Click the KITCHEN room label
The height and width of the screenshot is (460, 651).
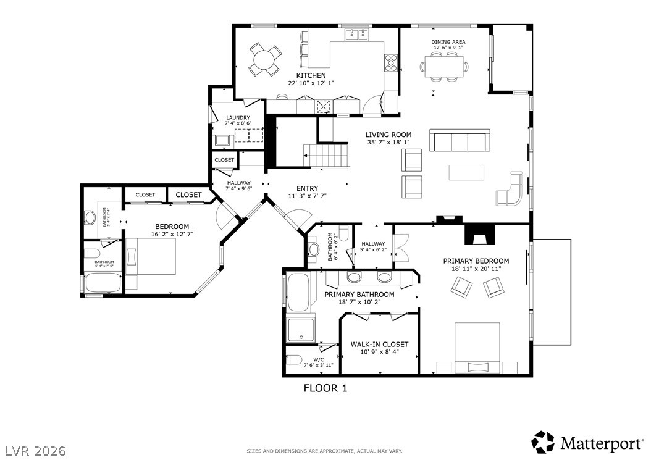[306, 75]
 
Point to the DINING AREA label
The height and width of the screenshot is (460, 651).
[448, 42]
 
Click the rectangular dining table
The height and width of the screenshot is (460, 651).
[444, 66]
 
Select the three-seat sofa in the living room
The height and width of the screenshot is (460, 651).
[460, 141]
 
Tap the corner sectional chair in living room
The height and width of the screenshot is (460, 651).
[511, 189]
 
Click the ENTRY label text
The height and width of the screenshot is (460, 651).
[307, 189]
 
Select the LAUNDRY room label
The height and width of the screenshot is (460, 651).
[238, 118]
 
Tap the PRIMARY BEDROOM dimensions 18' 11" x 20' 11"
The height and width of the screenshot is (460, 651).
[476, 269]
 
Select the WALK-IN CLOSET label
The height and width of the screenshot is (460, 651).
[379, 345]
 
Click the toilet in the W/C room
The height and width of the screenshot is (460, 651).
[295, 361]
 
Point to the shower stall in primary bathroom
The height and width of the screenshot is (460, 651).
[301, 328]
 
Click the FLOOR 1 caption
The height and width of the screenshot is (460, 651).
[325, 388]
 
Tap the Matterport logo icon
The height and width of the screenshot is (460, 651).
[543, 442]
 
